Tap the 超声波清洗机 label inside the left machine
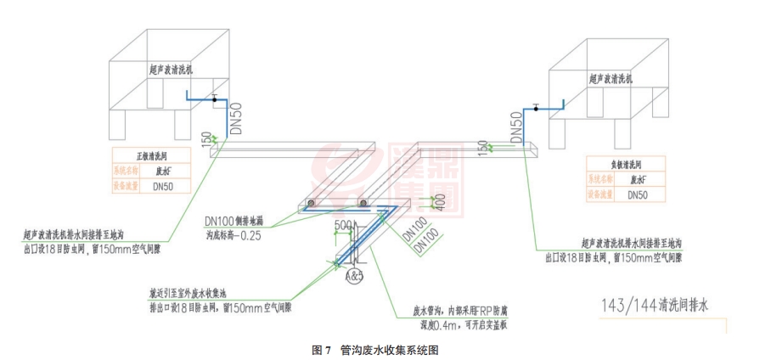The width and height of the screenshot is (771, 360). click(x=166, y=70)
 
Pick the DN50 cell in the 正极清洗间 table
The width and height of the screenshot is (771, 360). click(x=166, y=186)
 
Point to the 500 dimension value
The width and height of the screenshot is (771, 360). click(x=344, y=224)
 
